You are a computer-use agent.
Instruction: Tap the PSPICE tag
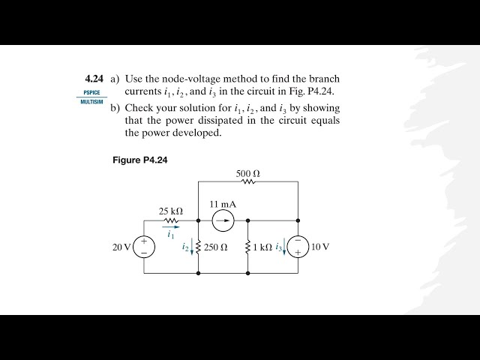click(91, 93)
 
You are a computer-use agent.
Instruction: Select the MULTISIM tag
click(92, 101)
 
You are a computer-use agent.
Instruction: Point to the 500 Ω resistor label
click(248, 174)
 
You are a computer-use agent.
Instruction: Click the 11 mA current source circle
click(221, 220)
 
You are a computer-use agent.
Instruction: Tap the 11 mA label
click(221, 204)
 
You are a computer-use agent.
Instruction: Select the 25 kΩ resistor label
click(171, 211)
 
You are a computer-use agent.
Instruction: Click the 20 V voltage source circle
click(144, 247)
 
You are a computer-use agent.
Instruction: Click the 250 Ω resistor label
click(215, 247)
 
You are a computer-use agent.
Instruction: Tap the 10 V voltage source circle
click(298, 247)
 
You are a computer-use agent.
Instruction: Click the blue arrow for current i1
click(171, 227)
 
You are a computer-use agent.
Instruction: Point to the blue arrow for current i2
click(192, 247)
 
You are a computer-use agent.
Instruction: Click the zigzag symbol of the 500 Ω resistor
click(248, 182)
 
